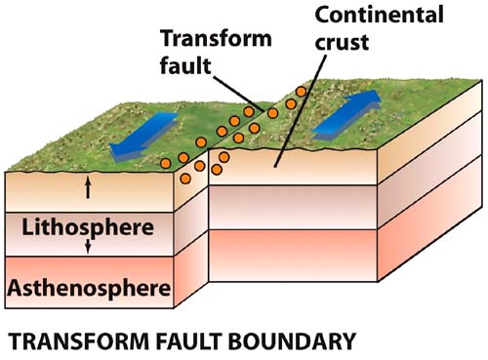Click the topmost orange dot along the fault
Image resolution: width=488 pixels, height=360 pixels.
(301, 92)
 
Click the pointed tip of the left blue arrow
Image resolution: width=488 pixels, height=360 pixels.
(114, 151)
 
